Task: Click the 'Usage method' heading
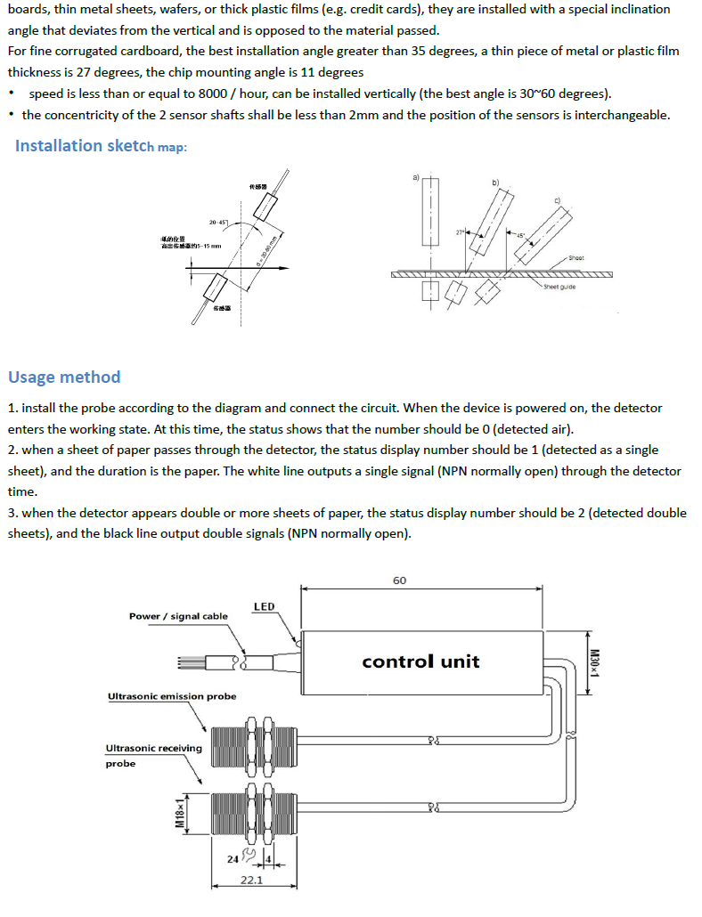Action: tap(64, 377)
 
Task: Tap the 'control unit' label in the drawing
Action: tap(420, 661)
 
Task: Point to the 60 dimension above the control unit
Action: tap(399, 580)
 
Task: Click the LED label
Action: tap(264, 607)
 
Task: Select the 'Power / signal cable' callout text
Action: tap(178, 616)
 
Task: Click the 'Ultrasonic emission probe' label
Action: tap(172, 696)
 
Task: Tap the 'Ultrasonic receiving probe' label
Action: tap(153, 755)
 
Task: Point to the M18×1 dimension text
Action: tap(179, 814)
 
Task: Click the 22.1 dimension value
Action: tap(251, 880)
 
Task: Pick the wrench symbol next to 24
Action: tap(249, 856)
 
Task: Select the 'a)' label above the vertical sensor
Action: tap(415, 177)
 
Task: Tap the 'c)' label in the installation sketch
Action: tap(558, 199)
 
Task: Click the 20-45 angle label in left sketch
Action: tap(218, 222)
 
